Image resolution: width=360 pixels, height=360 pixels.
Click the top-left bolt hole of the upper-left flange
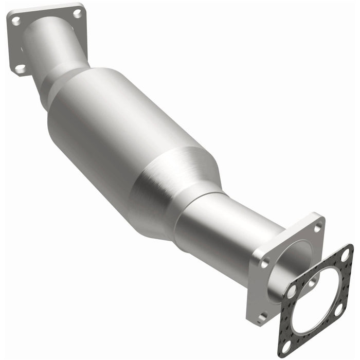pyautogui.click(x=16, y=21)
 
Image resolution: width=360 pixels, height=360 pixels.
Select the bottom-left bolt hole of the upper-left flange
pyautogui.click(x=20, y=67)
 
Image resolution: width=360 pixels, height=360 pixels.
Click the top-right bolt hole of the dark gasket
pyautogui.click(x=345, y=254)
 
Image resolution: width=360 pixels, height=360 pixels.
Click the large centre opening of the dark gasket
pyautogui.click(x=315, y=301)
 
